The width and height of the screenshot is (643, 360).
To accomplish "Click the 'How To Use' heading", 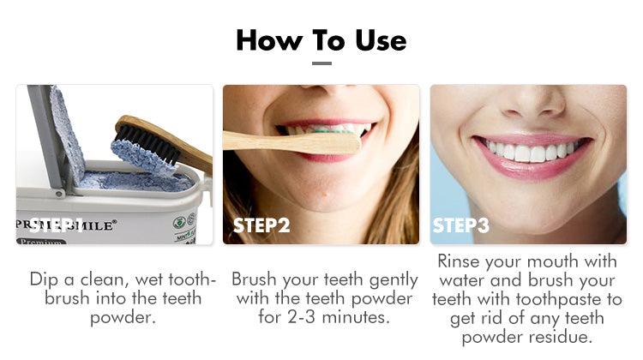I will tap(321, 39).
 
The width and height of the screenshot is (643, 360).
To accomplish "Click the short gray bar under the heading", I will tap(321, 63).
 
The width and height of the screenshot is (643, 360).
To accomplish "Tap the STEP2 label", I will tap(262, 225).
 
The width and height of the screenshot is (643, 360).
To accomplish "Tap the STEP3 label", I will tap(460, 225).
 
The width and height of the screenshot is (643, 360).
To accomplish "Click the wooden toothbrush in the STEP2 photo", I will tap(291, 142).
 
